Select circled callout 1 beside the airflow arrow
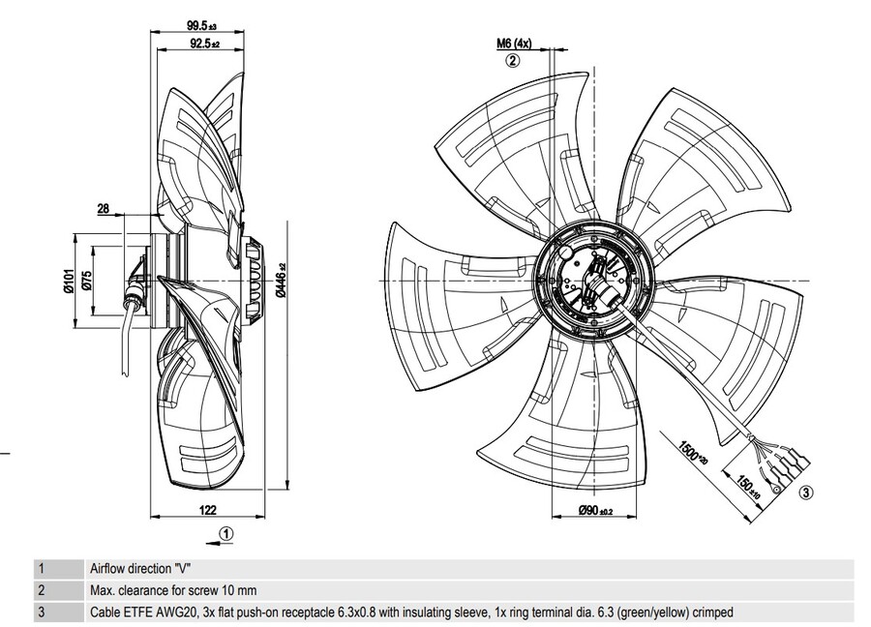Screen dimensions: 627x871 [225, 531]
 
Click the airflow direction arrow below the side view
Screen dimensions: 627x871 [203, 531]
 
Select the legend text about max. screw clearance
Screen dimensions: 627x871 [173, 589]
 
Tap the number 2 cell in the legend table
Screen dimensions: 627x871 [41, 589]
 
